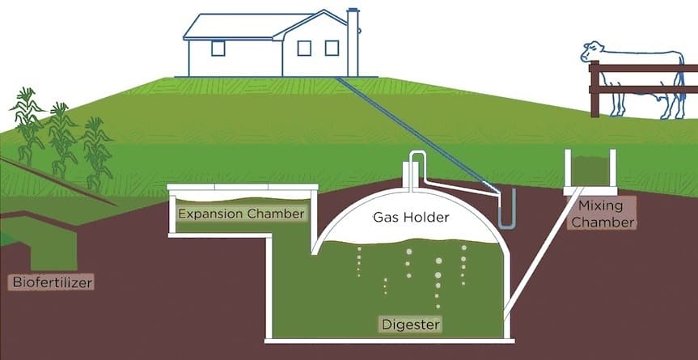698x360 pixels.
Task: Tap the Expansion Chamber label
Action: pyautogui.click(x=241, y=214)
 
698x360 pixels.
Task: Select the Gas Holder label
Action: pyautogui.click(x=410, y=217)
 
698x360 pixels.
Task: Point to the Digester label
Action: pyautogui.click(x=410, y=324)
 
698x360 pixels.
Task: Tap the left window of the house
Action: pyautogui.click(x=218, y=48)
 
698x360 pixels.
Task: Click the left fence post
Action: pyautogui.click(x=594, y=89)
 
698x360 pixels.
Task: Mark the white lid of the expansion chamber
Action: pyautogui.click(x=241, y=190)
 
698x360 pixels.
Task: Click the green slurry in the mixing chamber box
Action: pyautogui.click(x=590, y=170)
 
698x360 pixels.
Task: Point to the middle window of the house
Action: pyautogui.click(x=304, y=48)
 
